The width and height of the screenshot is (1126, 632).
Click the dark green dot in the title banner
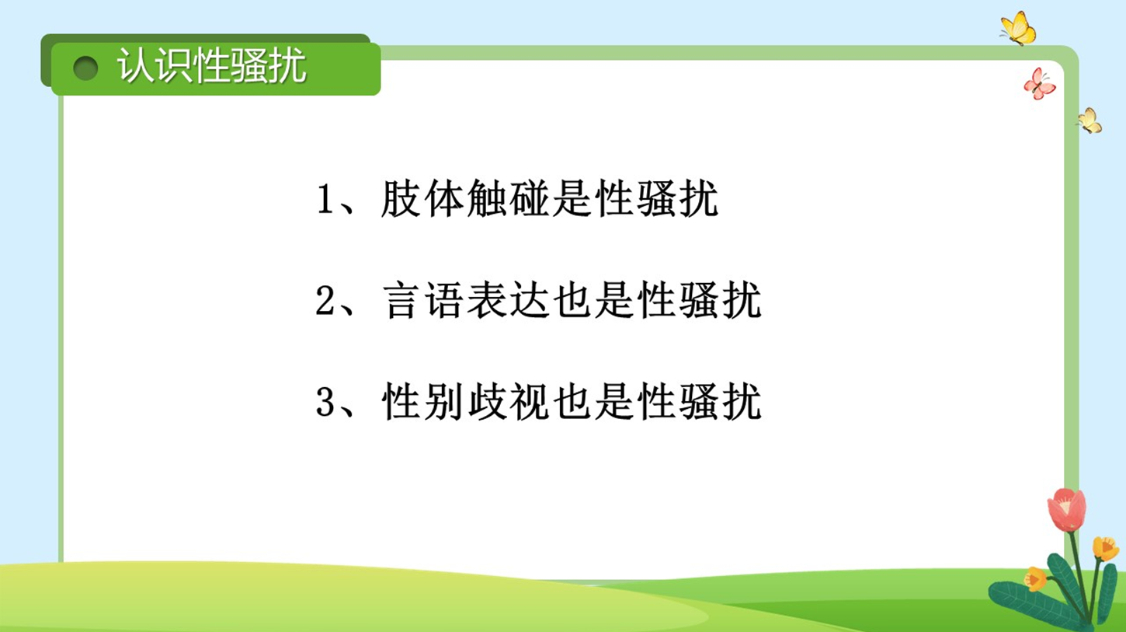(x=85, y=68)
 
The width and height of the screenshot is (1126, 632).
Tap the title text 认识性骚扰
(x=212, y=65)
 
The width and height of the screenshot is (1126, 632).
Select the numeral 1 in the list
(x=325, y=199)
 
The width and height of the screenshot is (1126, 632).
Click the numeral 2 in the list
(x=325, y=300)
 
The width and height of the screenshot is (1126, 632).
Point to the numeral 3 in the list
(x=325, y=402)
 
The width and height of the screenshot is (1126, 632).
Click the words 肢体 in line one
(x=422, y=199)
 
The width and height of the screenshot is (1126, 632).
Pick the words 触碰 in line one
(x=508, y=199)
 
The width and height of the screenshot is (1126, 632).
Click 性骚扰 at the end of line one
(x=657, y=199)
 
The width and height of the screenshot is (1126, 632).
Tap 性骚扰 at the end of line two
(x=700, y=300)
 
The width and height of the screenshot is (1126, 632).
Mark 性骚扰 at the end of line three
(x=700, y=402)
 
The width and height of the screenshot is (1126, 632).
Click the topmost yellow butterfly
(x=1018, y=28)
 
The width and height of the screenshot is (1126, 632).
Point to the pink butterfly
(x=1040, y=83)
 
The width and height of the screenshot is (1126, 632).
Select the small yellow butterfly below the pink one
(x=1090, y=120)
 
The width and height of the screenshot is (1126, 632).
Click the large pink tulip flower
(x=1066, y=509)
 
